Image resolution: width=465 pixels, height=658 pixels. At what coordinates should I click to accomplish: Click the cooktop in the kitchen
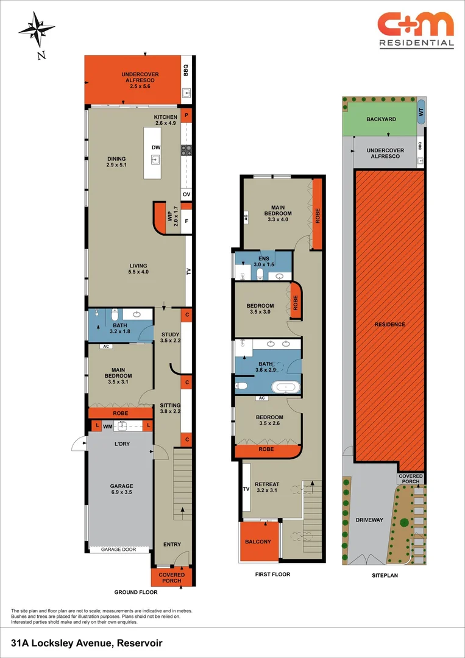[186, 150]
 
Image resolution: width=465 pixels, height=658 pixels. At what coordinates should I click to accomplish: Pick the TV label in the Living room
[188, 273]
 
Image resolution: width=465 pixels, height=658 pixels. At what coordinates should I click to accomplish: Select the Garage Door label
[119, 548]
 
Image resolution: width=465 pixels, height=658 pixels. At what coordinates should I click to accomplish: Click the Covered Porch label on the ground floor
[172, 578]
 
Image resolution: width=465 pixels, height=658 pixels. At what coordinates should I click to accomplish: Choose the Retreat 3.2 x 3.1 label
[267, 487]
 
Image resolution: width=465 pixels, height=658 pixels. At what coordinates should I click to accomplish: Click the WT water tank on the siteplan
[421, 113]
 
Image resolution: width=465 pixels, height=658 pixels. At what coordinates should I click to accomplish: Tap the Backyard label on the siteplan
[382, 119]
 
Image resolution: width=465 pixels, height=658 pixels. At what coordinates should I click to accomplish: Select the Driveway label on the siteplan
[369, 520]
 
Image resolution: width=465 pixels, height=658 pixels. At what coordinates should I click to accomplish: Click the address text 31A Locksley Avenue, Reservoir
[87, 643]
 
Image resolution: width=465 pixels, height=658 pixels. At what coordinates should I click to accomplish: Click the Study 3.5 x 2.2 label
[170, 338]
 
